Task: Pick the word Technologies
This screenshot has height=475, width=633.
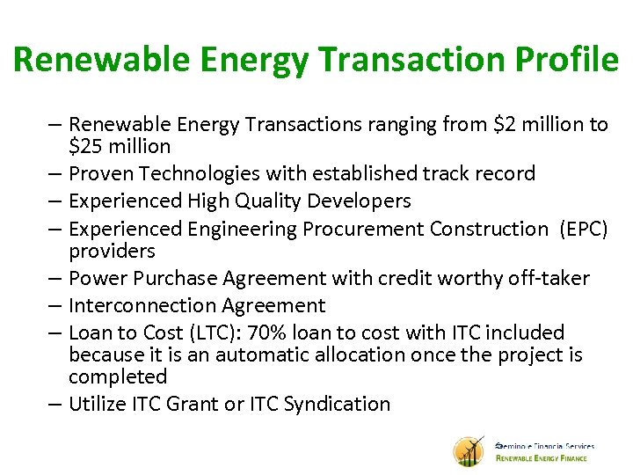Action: point(199,174)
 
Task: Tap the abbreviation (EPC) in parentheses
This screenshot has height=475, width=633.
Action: point(583,229)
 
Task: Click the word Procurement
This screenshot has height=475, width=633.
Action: point(364,229)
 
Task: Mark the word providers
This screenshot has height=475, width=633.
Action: point(112,252)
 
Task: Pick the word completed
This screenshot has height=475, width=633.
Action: point(118,377)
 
